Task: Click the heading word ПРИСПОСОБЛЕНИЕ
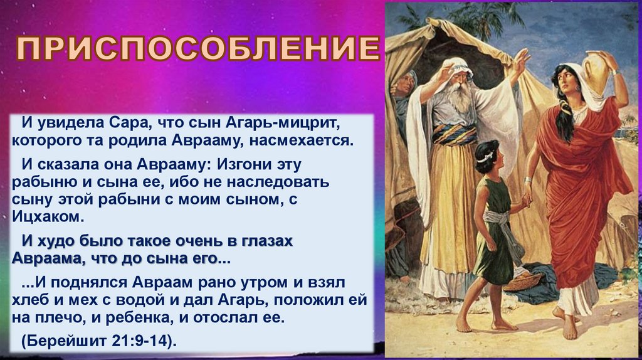(197, 48)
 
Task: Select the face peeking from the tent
(404, 84)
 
